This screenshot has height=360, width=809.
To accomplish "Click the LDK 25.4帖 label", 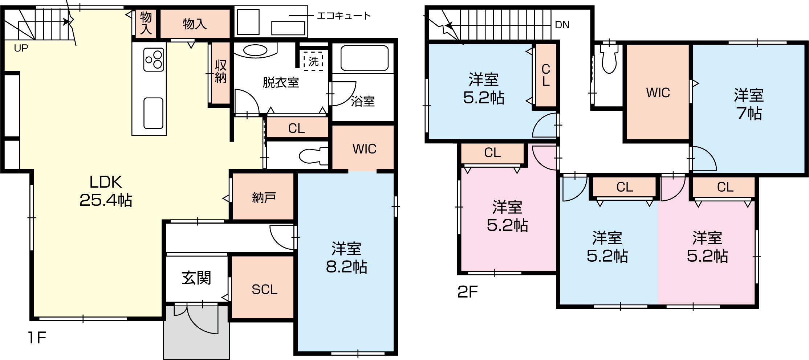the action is coord(106,191).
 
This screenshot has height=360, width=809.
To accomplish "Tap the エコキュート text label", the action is coord(343,16).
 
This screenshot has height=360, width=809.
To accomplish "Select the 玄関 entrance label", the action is coord(196,278).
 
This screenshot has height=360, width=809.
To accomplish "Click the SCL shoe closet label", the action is coord(264,289).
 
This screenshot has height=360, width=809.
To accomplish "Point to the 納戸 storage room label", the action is coord(264,198).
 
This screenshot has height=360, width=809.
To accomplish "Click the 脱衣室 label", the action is coord(281,83).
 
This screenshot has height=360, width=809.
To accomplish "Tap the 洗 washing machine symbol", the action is coord(313,61).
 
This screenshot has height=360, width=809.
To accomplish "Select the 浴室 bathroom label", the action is coord(363,101).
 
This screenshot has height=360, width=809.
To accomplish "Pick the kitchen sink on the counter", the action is coord(153,113).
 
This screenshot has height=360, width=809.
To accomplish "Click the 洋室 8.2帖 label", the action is coord(346,258).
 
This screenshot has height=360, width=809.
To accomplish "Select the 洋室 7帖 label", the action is coord(749,104).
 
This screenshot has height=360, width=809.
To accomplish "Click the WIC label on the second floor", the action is coord(658,93).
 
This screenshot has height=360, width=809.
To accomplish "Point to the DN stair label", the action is coord(562,25).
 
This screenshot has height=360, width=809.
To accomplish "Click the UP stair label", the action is coord(21,48).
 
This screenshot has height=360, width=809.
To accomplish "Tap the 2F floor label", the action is coord(468,291).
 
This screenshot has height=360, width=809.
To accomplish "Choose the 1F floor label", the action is coord(37,338).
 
